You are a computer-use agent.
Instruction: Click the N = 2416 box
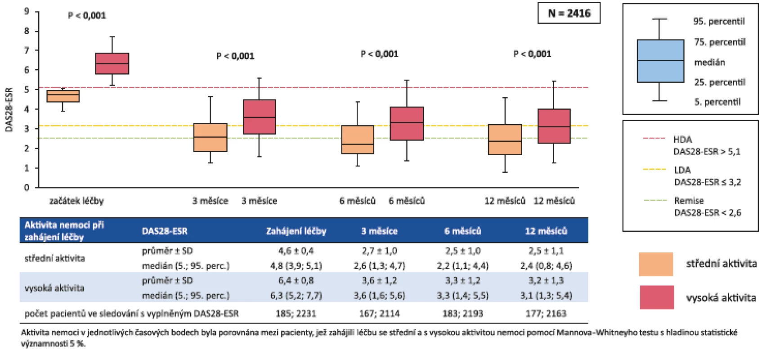pyautogui.click(x=569, y=13)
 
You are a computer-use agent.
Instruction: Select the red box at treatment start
pyautogui.click(x=112, y=63)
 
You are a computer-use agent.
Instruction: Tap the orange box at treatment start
pyautogui.click(x=63, y=96)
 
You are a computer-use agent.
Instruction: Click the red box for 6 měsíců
pyautogui.click(x=407, y=123)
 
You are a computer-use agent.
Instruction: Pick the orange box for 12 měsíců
pyautogui.click(x=505, y=140)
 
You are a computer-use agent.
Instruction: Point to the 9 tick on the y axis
pyautogui.click(x=27, y=12)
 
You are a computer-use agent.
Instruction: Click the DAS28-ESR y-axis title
pyautogui.click(x=9, y=110)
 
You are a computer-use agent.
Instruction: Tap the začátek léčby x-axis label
pyautogui.click(x=76, y=201)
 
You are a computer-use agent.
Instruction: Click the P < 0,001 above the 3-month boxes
pyautogui.click(x=235, y=56)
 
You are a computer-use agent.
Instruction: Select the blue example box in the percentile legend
pyautogui.click(x=660, y=61)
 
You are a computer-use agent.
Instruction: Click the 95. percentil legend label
pyautogui.click(x=719, y=22)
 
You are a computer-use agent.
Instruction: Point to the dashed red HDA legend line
pyautogui.click(x=654, y=138)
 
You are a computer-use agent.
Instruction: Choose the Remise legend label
pyautogui.click(x=689, y=200)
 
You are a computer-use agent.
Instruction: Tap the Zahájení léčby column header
pyautogui.click(x=296, y=231)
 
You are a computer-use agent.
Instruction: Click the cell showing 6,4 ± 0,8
pyautogui.click(x=296, y=281)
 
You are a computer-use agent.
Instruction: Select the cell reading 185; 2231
pyautogui.click(x=296, y=313)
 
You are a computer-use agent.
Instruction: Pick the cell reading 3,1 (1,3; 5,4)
pyautogui.click(x=546, y=295)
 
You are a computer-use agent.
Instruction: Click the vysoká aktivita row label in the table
pyautogui.click(x=54, y=288)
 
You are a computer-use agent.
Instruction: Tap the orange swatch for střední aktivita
pyautogui.click(x=655, y=264)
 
